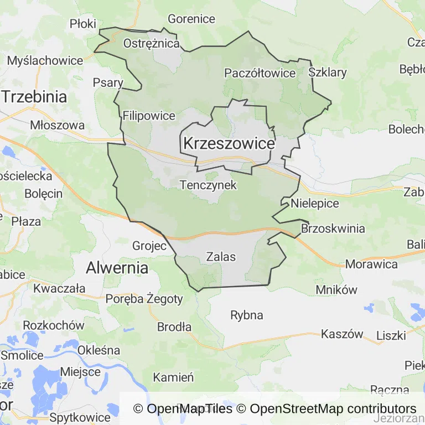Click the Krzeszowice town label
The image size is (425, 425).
(x=229, y=144)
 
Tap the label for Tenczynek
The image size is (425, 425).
(x=208, y=185)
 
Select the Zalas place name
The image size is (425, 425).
(x=221, y=257)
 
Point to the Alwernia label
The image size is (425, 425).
(x=117, y=268)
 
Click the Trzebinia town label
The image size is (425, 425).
(x=34, y=97)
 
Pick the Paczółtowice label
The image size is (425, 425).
(x=260, y=73)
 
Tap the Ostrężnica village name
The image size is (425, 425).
(x=152, y=43)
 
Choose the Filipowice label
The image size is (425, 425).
(x=149, y=116)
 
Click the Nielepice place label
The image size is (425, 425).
(x=315, y=203)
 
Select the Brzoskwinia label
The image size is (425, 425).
(x=333, y=229)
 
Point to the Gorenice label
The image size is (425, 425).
(x=191, y=19)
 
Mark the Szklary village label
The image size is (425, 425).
(x=328, y=72)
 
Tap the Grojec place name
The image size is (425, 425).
(x=149, y=246)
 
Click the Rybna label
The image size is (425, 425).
(x=247, y=315)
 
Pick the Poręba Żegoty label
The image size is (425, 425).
(x=144, y=299)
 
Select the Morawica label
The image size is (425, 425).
(x=371, y=264)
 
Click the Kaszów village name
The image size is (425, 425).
(x=342, y=334)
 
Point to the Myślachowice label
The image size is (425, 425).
(x=45, y=61)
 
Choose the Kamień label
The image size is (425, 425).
(x=173, y=378)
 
